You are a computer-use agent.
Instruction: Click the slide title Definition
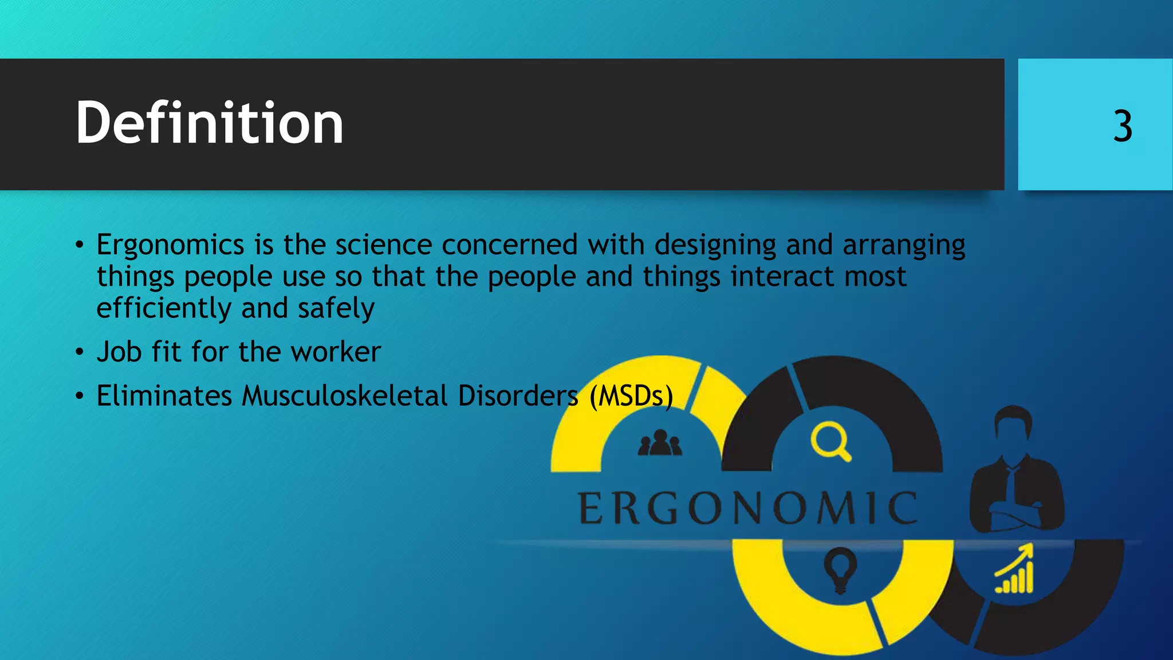coord(209,123)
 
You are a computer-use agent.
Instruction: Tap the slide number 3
coord(1123,126)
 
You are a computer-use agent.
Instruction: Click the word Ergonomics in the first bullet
coord(170,245)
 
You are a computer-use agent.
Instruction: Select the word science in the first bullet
coord(383,245)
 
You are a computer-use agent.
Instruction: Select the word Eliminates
coord(164,396)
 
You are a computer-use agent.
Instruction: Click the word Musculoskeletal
coord(344,396)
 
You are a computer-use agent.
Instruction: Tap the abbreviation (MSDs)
coord(631,396)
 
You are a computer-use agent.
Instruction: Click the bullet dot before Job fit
coord(80,352)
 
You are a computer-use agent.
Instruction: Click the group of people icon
coord(660,443)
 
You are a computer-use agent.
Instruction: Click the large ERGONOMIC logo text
coord(747,508)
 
